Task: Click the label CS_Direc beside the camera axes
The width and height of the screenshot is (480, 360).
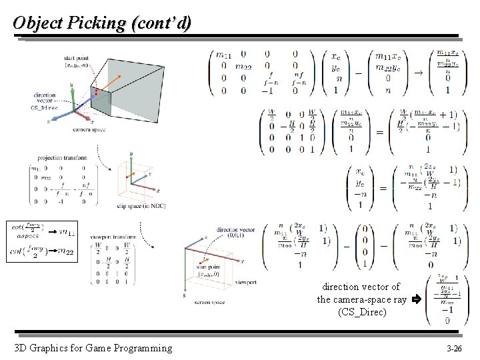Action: pyautogui.click(x=44, y=107)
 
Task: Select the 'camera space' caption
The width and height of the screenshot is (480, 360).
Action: pyautogui.click(x=87, y=129)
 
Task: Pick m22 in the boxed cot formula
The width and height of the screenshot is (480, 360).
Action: pyautogui.click(x=66, y=251)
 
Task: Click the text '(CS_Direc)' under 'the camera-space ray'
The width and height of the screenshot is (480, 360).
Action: pyautogui.click(x=362, y=311)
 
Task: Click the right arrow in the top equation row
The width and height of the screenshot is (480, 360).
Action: pyautogui.click(x=419, y=72)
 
